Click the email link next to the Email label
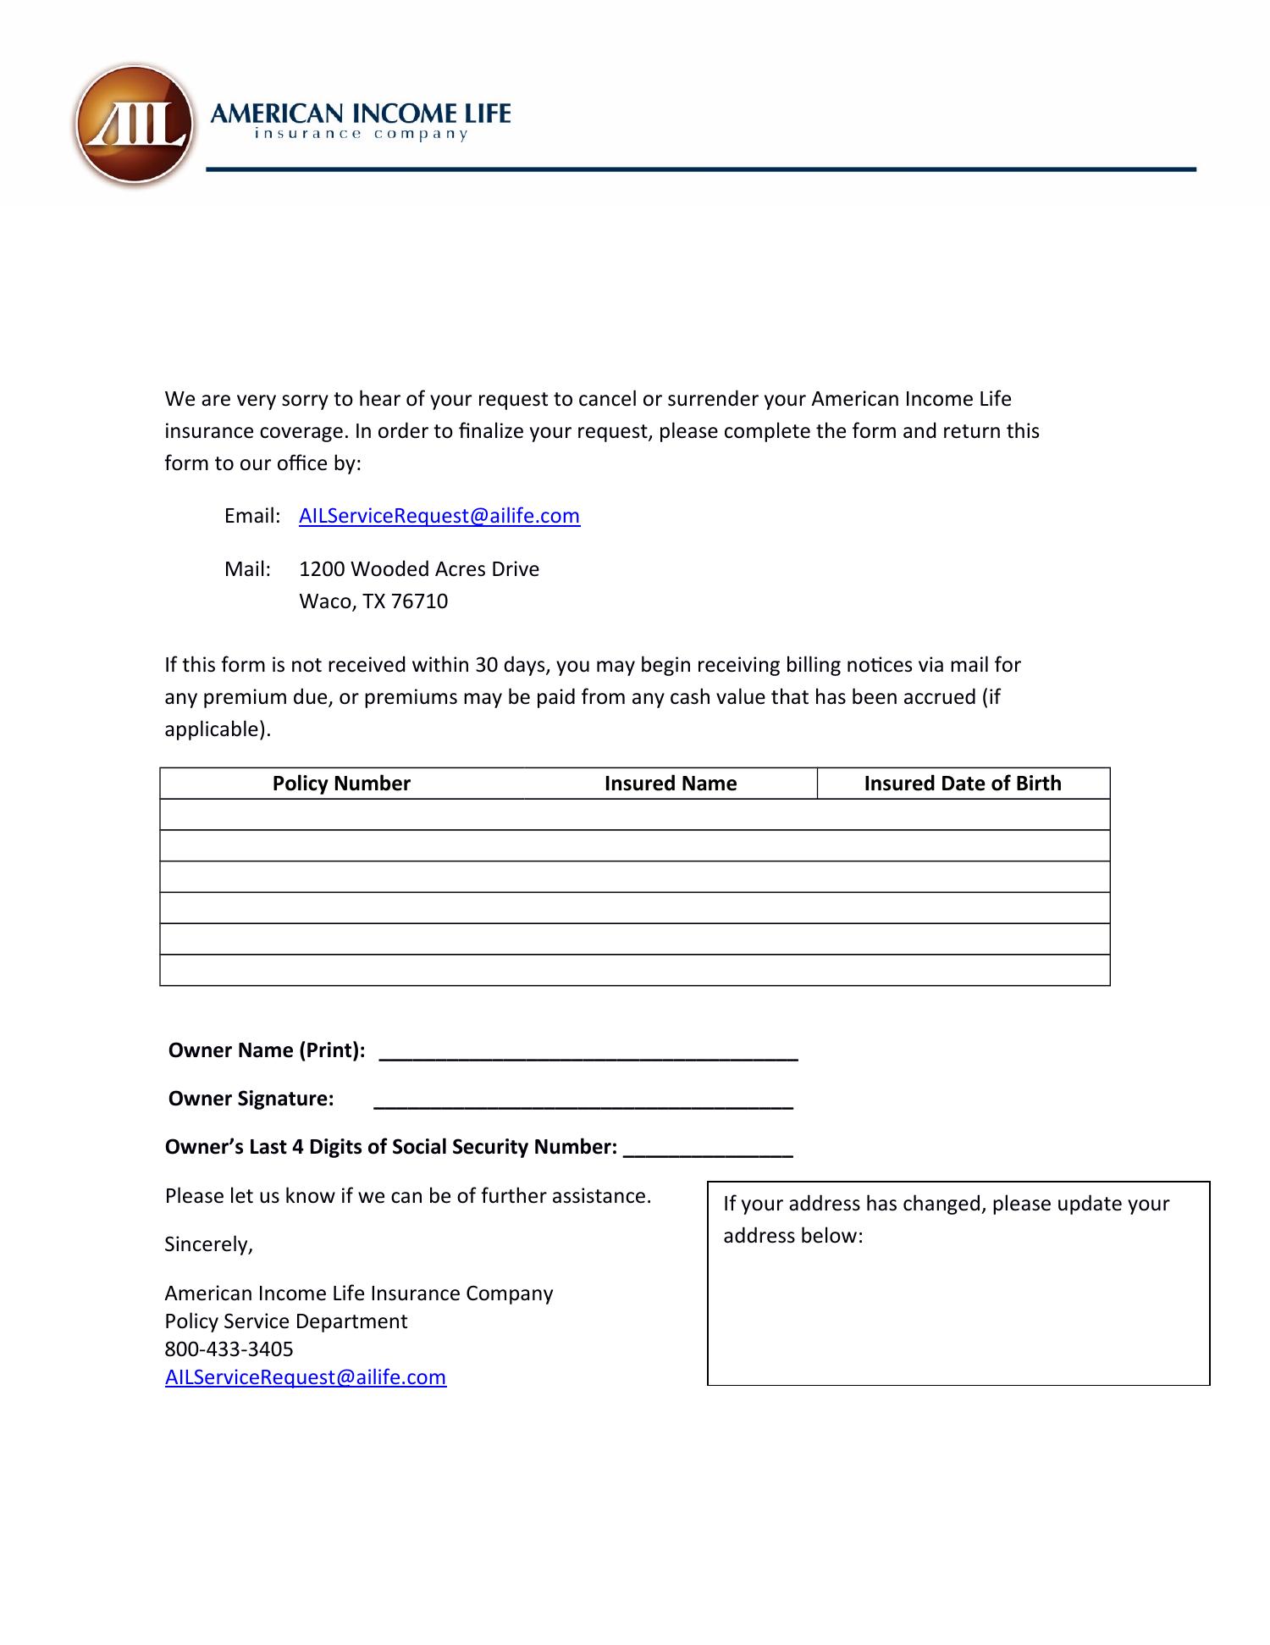pos(439,516)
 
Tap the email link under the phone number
pos(306,1376)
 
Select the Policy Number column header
pos(341,784)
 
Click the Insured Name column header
pos(671,784)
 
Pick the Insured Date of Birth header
pos(963,784)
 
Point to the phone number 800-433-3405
pos(229,1349)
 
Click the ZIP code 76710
pos(419,601)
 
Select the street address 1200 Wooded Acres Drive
pos(419,569)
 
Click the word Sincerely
pos(208,1244)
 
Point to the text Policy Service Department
pos(286,1321)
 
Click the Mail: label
pos(247,569)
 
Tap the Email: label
pos(252,516)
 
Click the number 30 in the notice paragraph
pos(486,665)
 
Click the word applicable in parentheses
pos(215,729)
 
